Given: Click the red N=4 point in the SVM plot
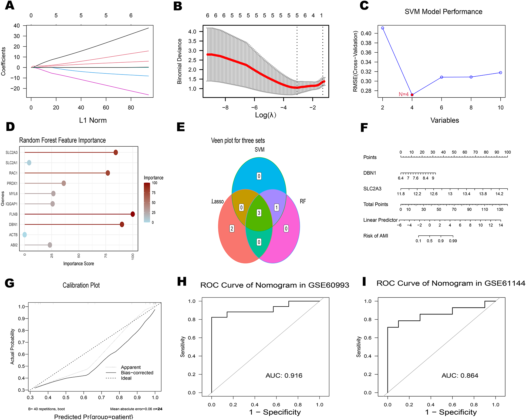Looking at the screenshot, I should [x=412, y=95].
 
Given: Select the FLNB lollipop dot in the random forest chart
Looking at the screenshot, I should [x=133, y=214].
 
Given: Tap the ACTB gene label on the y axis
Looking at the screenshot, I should [x=13, y=235].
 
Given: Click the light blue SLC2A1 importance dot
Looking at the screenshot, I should [x=29, y=163].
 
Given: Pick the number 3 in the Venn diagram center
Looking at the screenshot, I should [x=259, y=213].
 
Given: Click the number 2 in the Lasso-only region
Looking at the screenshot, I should [x=232, y=229].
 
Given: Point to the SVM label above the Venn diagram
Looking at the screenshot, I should [x=259, y=150].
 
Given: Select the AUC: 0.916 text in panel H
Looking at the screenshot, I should [x=284, y=375].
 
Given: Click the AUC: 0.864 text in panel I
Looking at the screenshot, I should [x=460, y=375].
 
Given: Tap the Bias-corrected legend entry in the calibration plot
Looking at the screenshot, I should [x=137, y=373].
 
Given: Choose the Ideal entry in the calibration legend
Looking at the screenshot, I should [x=126, y=378].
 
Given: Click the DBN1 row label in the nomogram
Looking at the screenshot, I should [x=370, y=173].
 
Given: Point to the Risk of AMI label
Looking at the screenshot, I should [x=376, y=236].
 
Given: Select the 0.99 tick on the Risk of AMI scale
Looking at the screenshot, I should [x=453, y=241].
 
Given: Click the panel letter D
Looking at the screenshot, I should [x=10, y=127].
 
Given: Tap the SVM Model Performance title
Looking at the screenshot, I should [x=443, y=12].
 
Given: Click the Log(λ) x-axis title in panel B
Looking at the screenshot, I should [x=265, y=115].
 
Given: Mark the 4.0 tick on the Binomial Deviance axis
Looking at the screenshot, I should [x=192, y=32].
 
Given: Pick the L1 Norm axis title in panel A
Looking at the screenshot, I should [x=93, y=120].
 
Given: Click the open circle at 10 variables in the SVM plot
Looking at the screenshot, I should [x=500, y=73].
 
